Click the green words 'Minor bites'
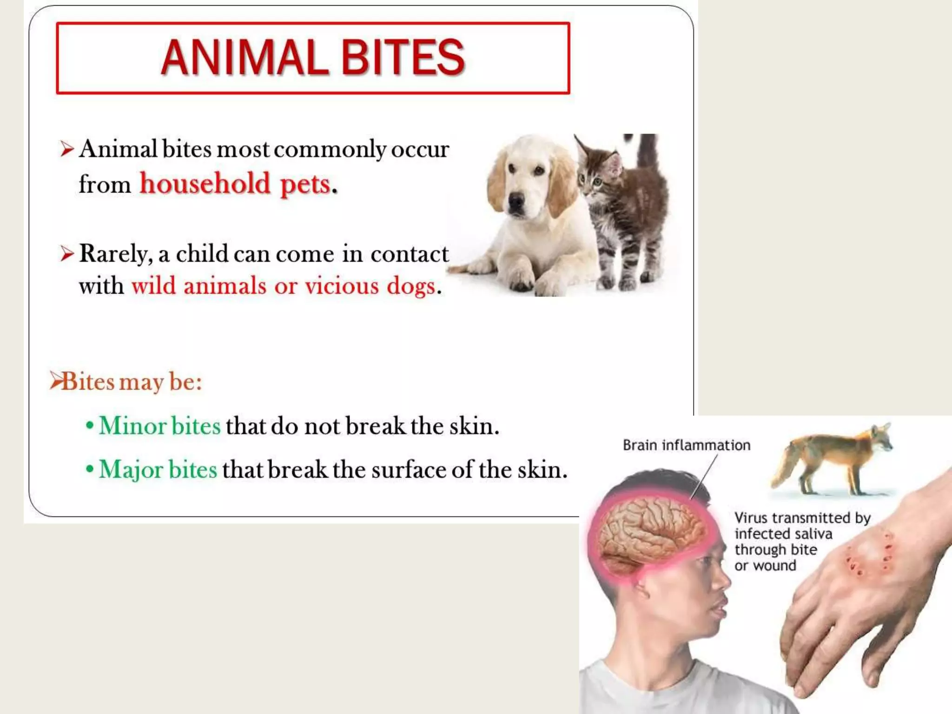pos(160,426)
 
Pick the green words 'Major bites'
pos(158,469)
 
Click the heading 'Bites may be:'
pos(132,382)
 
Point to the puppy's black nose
pos(516,200)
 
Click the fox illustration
pos(832,460)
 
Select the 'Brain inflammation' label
pos(686,445)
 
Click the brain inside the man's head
pos(651,535)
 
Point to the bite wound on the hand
pos(869,558)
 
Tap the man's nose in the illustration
pos(721,581)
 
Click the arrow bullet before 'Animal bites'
pos(67,150)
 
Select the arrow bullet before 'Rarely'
pos(67,254)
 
